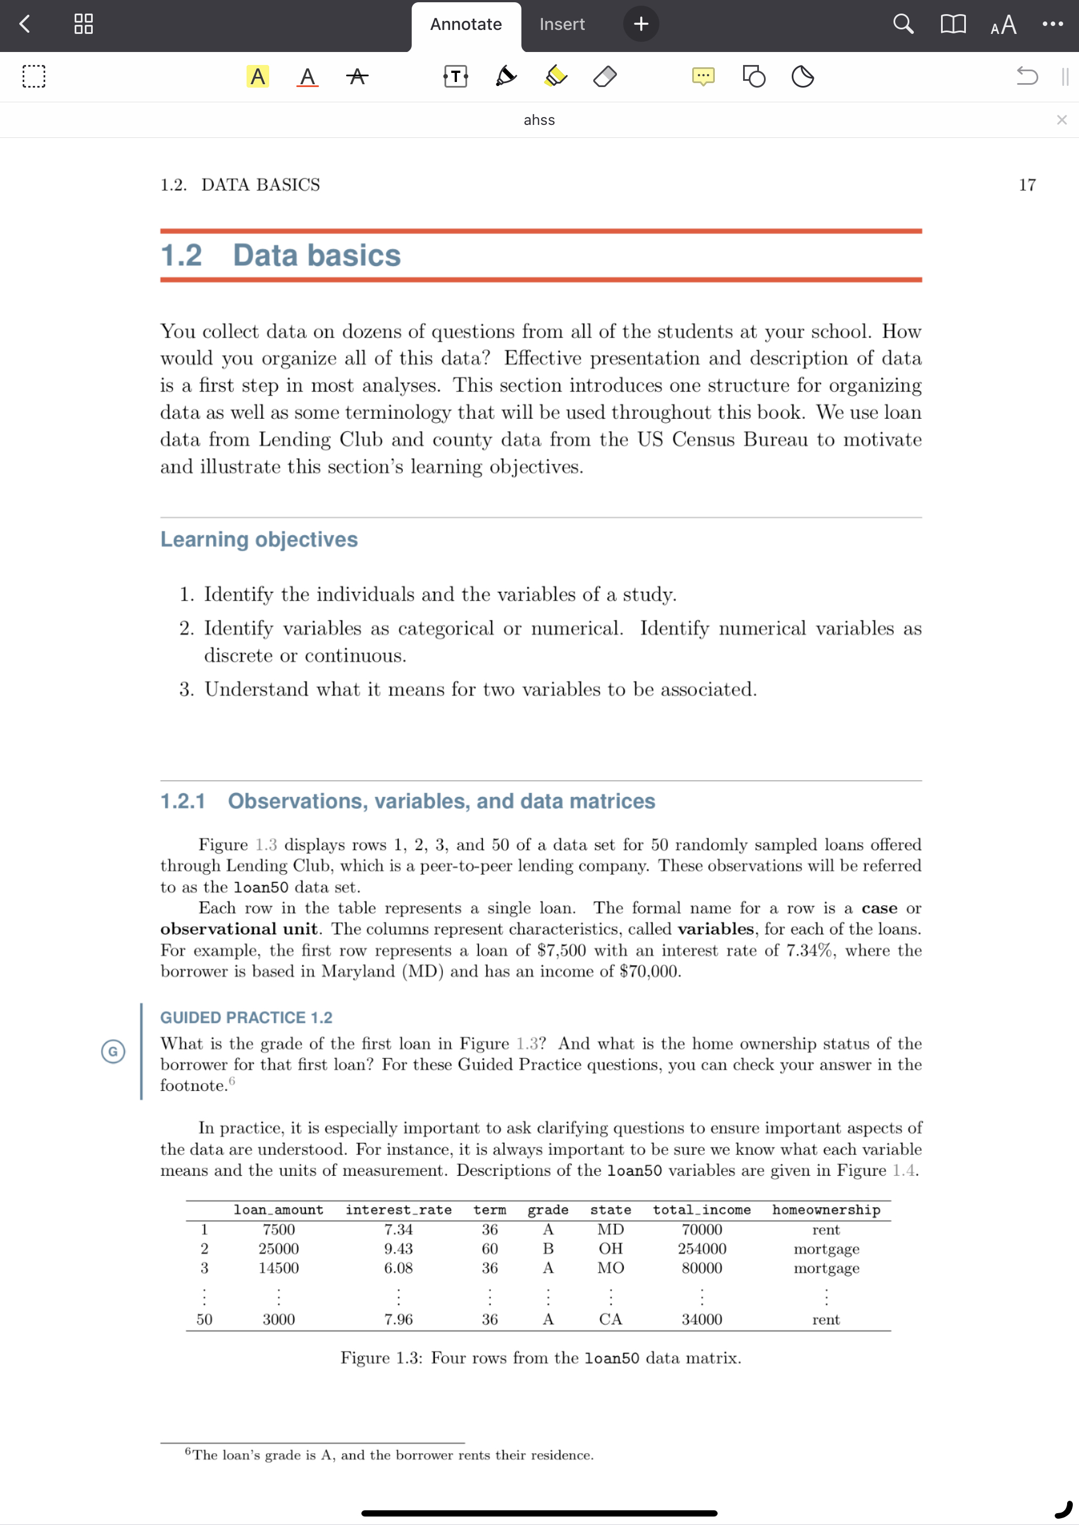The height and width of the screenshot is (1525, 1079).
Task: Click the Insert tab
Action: click(x=562, y=24)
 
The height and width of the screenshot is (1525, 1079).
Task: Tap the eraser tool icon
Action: click(x=605, y=76)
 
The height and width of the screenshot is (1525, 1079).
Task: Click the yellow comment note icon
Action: click(x=703, y=76)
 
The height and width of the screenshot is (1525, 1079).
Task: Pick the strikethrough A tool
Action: click(x=357, y=76)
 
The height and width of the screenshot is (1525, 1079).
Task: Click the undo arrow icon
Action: click(x=1026, y=76)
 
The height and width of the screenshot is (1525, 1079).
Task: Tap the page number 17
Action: click(x=1026, y=185)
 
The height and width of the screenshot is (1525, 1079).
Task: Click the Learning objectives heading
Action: click(x=259, y=539)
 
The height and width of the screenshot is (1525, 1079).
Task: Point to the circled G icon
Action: click(x=113, y=1051)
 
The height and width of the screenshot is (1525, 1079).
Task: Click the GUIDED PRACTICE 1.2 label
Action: click(x=246, y=1017)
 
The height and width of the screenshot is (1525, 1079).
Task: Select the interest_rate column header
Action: click(x=398, y=1210)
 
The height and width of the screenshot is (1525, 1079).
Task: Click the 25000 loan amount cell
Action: click(x=278, y=1249)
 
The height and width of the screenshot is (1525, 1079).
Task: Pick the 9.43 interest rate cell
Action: click(x=398, y=1249)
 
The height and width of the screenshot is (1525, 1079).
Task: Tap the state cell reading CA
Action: click(x=611, y=1319)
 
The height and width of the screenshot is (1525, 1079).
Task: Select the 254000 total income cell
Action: click(x=702, y=1249)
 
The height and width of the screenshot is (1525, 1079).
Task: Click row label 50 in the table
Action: click(x=205, y=1319)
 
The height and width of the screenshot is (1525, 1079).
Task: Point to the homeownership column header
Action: click(x=826, y=1210)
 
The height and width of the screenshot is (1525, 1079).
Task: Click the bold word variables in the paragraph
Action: click(x=715, y=929)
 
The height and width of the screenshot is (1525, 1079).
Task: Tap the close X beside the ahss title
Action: click(x=1061, y=120)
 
